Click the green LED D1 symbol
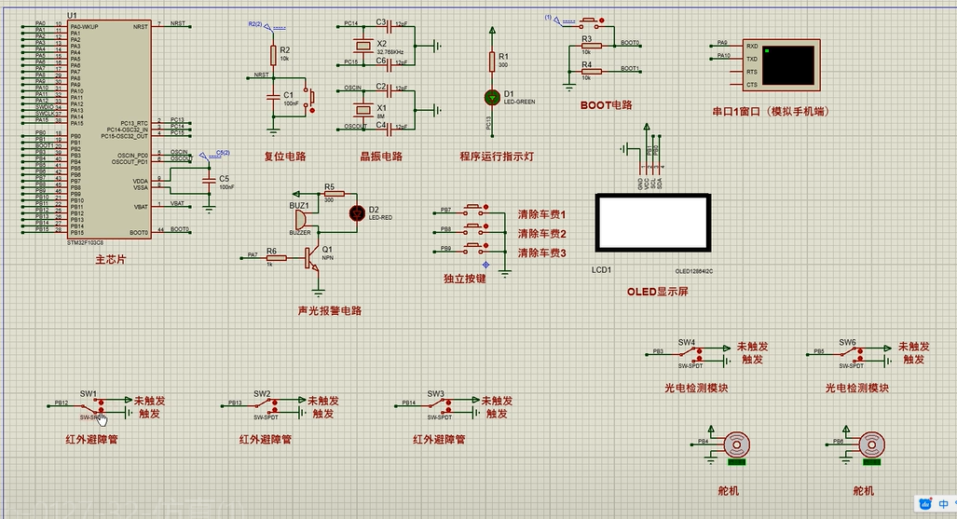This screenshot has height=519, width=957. [x=492, y=97]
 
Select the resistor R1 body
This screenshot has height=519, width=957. [x=492, y=61]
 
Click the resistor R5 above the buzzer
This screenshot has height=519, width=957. [x=329, y=194]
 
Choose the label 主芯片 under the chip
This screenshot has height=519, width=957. [x=110, y=260]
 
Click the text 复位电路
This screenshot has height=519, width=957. [x=285, y=157]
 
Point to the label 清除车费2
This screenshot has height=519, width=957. [x=542, y=234]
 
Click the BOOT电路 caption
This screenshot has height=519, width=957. [x=606, y=105]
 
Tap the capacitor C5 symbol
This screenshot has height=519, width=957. [x=209, y=181]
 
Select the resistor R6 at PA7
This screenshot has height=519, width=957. [x=271, y=255]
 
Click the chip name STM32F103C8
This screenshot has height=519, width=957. [x=86, y=242]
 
